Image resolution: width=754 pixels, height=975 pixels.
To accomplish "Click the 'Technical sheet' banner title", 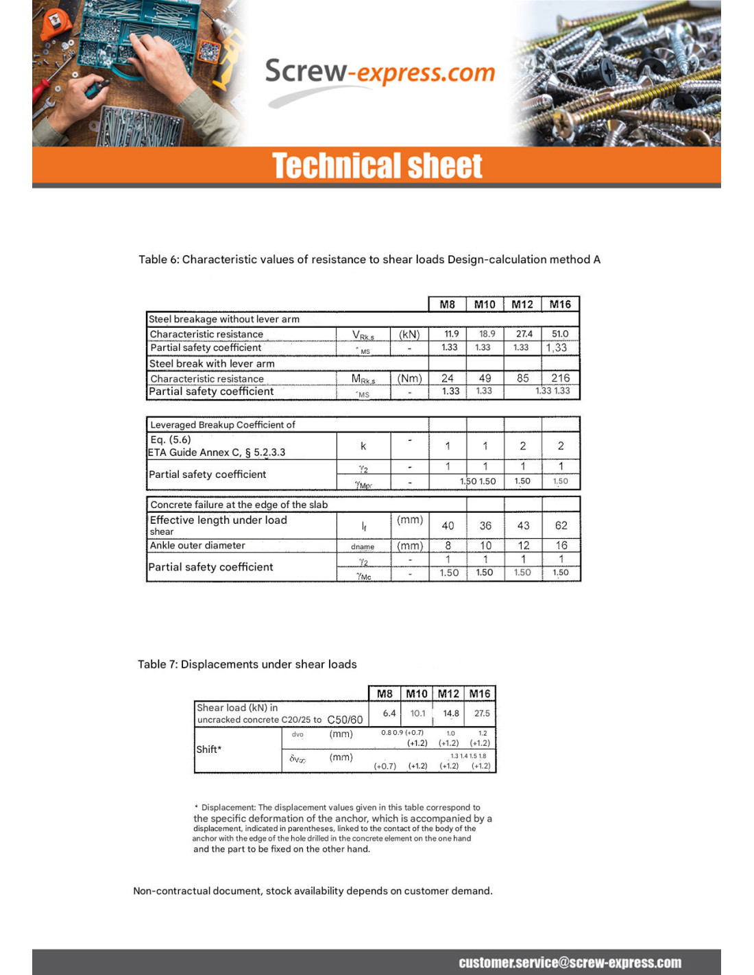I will coord(377,166).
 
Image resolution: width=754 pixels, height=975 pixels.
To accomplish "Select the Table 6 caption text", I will coord(369,259).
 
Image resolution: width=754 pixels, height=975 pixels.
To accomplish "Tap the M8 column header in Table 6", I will coord(447,304).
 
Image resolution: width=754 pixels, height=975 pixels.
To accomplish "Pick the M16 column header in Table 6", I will coord(560,304).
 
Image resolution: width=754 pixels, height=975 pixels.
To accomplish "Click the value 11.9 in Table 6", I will coord(451,334).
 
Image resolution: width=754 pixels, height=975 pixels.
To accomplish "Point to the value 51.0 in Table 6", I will coord(560,334).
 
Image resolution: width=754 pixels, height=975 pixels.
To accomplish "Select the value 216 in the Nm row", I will coord(560,378).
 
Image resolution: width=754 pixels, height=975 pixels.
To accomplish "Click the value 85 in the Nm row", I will coord(522,378).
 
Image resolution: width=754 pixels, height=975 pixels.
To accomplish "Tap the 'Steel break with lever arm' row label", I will coord(212,363).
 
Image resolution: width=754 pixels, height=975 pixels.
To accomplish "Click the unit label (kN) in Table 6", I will coord(409,334).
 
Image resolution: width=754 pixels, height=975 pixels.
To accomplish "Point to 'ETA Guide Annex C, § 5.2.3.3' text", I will coord(217,453).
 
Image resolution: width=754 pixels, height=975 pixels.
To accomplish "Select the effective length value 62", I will coord(561,525).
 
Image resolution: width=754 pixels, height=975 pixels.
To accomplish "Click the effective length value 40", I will coord(448,525).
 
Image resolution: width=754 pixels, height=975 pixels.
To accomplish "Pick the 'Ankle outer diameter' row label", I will coord(197,545).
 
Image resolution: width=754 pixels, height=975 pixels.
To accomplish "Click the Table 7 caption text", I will coord(247,664).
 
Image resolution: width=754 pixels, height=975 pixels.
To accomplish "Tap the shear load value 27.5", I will coord(482,713).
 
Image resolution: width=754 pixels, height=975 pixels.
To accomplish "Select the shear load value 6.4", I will coord(389,713).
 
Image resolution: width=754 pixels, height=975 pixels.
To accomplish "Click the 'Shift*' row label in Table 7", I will coord(209,749).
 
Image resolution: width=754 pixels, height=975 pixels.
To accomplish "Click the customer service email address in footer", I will coord(570,963).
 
